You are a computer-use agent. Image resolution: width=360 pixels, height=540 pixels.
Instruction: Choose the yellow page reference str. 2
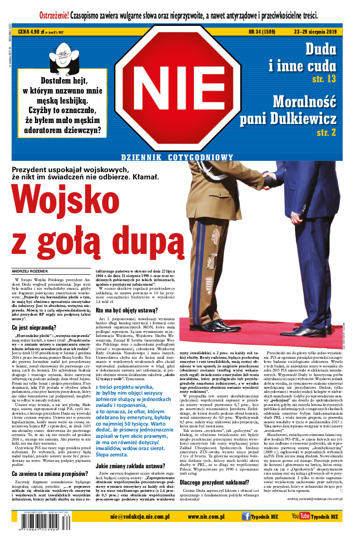[x=326, y=132]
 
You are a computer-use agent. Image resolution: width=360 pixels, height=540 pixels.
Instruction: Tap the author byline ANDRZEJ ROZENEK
[x=29, y=272]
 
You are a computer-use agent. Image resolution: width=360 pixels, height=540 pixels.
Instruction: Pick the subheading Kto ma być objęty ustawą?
[x=127, y=311]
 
